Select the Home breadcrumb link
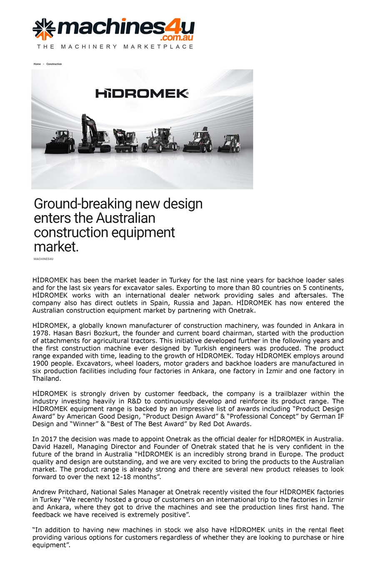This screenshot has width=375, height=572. (x=37, y=64)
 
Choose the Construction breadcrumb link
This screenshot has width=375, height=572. (x=54, y=64)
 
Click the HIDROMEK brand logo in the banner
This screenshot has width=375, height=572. (x=142, y=93)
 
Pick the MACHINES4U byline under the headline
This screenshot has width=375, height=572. (x=43, y=259)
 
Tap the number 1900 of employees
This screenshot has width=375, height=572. (x=41, y=364)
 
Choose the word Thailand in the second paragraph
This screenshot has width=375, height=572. (x=47, y=379)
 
